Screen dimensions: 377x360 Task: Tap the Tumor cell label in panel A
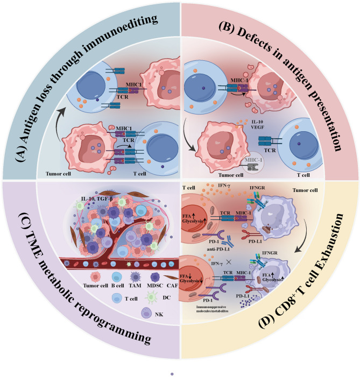tap(58, 175)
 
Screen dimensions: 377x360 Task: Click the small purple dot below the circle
tap(172, 372)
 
